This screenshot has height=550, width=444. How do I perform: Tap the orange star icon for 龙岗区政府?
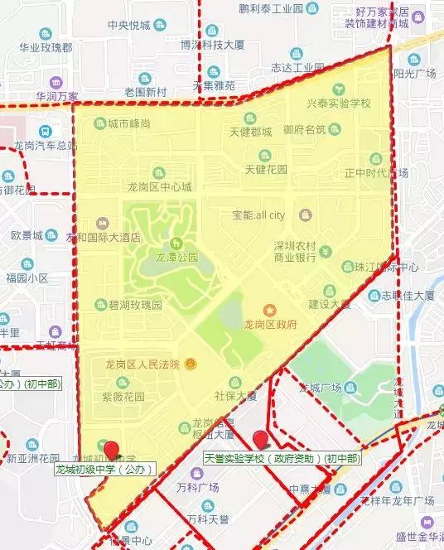[x=269, y=309]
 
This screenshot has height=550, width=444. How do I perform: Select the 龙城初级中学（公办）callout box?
[x=104, y=470]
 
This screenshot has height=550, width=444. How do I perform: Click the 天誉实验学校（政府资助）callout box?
[x=282, y=458]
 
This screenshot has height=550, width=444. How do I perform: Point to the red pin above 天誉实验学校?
[x=261, y=439]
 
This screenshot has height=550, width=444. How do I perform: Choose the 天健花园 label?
[x=265, y=170]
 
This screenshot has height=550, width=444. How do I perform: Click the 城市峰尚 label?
[x=128, y=124]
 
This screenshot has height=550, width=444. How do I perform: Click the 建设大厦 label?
[x=314, y=303]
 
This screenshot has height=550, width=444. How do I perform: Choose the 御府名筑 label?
[x=304, y=129]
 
